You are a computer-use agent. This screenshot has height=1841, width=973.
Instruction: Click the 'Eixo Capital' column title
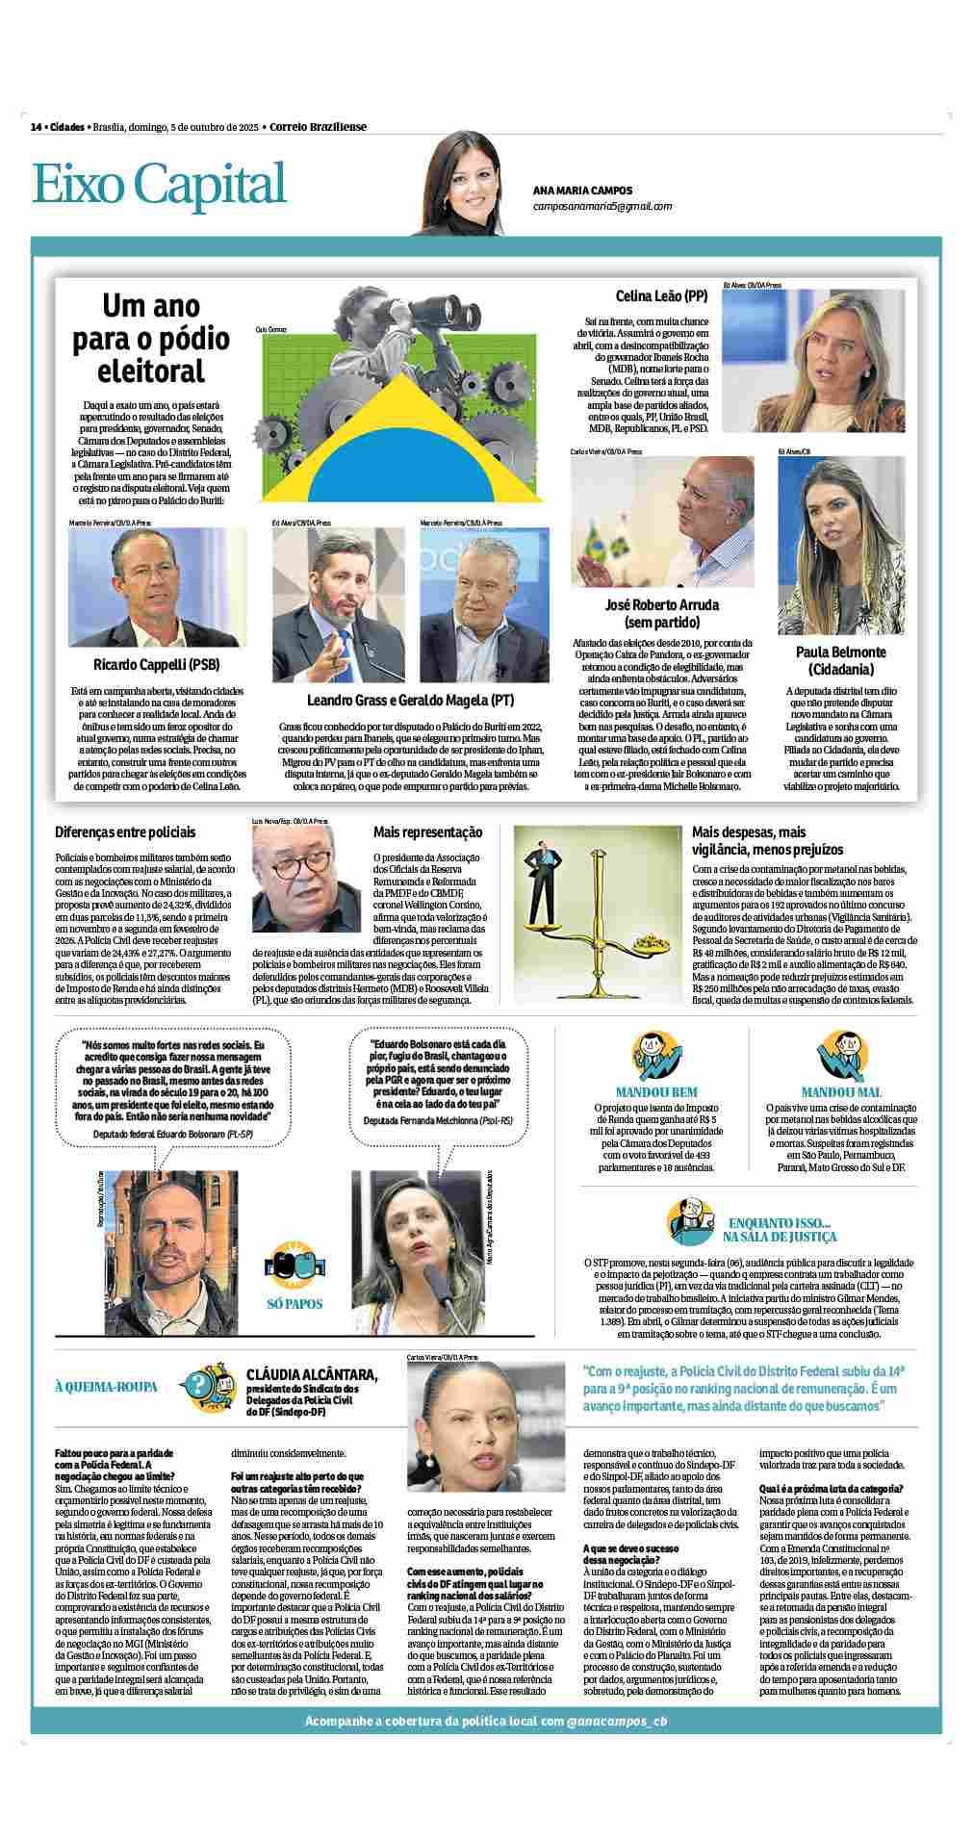coord(160,185)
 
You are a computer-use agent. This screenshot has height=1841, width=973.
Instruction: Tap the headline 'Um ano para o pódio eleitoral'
coord(151,339)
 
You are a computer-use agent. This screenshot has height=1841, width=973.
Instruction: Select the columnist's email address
coord(602,206)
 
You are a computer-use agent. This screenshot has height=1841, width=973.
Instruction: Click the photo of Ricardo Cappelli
coord(157,587)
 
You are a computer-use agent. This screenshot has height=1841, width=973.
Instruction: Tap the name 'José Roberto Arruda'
coord(661,605)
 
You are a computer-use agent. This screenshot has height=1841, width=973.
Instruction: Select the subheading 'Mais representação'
coord(428,831)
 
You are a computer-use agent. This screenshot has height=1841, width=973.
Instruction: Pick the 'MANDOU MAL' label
coord(840,1092)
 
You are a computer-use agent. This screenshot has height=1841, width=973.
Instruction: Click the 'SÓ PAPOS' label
coord(295,1304)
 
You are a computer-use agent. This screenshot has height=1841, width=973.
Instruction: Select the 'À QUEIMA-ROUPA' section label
coord(106,1387)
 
